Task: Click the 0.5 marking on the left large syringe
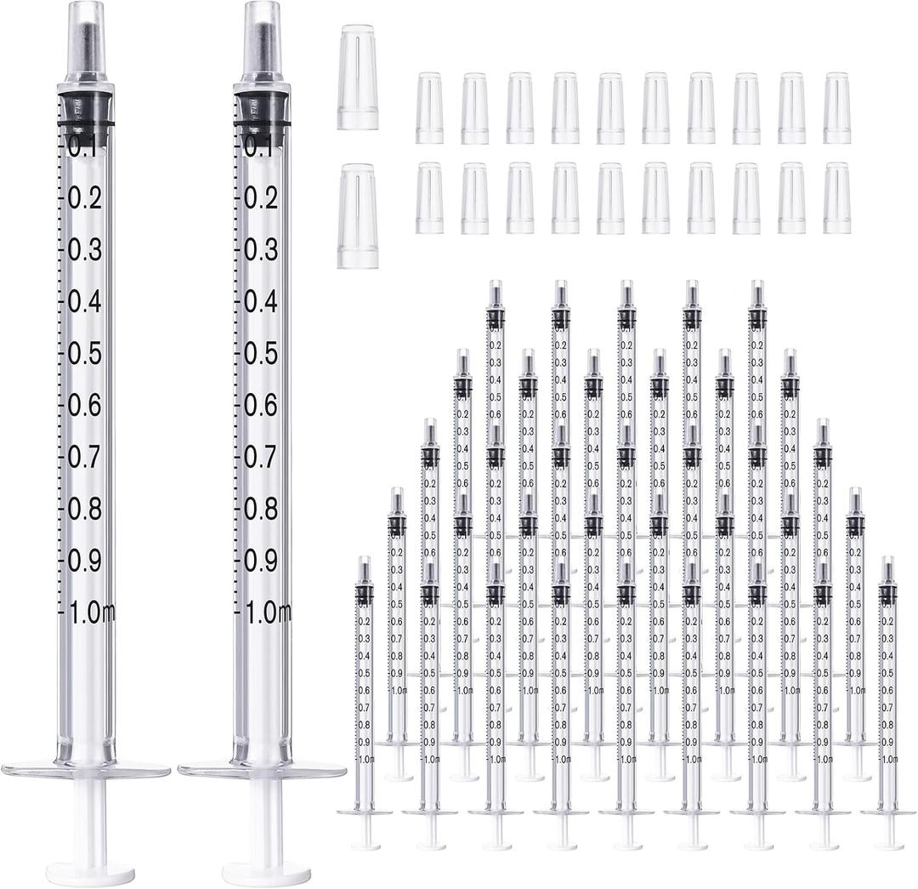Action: [85, 353]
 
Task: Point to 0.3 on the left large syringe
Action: [85, 250]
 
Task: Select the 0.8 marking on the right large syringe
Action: [260, 509]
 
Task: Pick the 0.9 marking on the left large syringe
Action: [85, 561]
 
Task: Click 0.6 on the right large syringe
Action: [260, 405]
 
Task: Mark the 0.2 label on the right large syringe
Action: [260, 198]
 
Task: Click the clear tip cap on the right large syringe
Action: [263, 38]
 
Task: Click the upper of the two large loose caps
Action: [357, 77]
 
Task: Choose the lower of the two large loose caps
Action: [357, 216]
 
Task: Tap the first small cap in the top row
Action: [429, 108]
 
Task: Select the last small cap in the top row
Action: [837, 108]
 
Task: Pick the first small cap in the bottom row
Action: [429, 198]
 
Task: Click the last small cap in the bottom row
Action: [837, 198]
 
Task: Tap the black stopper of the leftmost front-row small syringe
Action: [365, 594]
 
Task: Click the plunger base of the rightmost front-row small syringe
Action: [889, 845]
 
